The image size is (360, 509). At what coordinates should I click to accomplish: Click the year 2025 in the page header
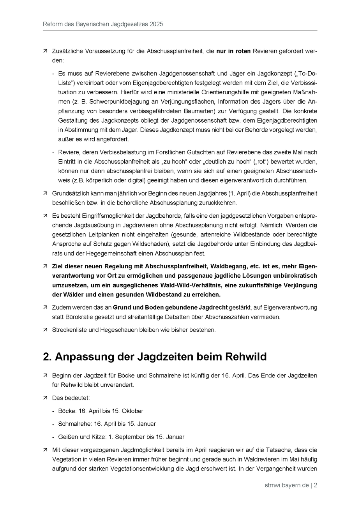pos(156,24)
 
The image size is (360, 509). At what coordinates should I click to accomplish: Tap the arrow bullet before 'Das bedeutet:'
pos(45,398)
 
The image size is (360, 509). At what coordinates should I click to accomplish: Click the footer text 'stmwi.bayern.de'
pos(286,485)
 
